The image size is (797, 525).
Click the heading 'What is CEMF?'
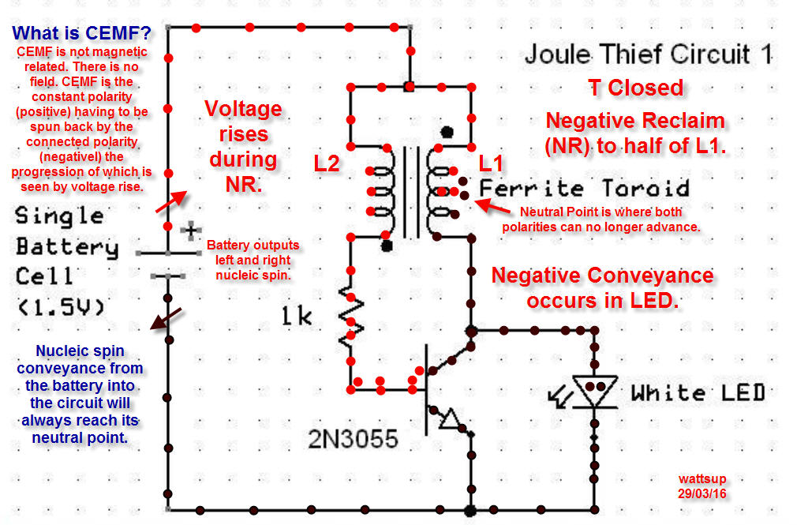click(x=82, y=33)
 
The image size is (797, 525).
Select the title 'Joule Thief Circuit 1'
click(x=649, y=54)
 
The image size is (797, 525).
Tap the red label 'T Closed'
click(x=636, y=88)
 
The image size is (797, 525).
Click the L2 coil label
click(x=327, y=163)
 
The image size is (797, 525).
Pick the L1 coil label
click(x=491, y=163)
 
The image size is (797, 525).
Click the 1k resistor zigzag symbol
click(x=350, y=317)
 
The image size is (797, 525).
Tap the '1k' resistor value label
click(x=297, y=316)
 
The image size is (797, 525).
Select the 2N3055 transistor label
click(x=353, y=438)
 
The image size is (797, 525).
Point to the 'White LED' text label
click(x=698, y=392)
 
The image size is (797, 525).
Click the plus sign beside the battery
click(x=191, y=231)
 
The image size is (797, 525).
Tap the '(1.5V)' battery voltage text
click(x=61, y=307)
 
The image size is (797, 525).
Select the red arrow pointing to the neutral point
click(x=492, y=207)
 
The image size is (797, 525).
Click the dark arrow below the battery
click(x=166, y=319)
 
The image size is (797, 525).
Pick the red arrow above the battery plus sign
click(x=171, y=201)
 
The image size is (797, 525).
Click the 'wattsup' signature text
click(x=702, y=478)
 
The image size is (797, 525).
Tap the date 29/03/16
click(x=702, y=493)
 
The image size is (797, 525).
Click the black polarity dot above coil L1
click(x=447, y=133)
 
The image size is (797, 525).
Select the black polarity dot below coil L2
click(x=387, y=246)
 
